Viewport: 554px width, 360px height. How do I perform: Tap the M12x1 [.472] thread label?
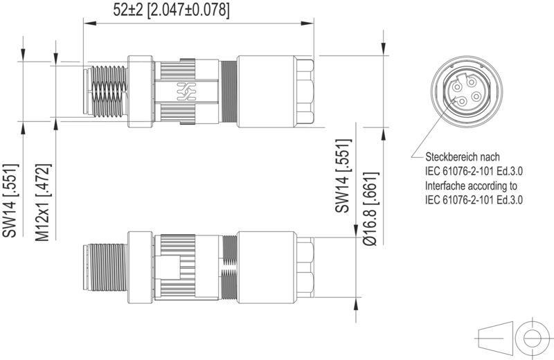[43, 201]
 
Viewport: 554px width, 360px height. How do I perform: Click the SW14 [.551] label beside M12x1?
[10, 201]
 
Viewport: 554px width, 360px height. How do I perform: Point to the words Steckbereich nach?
[462, 157]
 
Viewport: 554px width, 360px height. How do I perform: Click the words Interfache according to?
[471, 186]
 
